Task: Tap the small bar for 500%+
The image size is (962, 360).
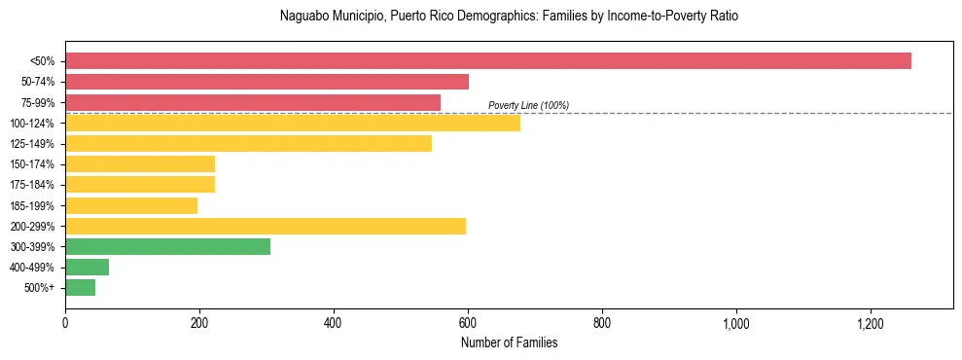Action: tap(80, 288)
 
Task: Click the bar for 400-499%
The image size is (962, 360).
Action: tap(87, 268)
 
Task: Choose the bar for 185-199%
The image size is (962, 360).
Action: tap(131, 205)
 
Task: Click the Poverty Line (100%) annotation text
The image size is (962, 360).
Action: tap(528, 105)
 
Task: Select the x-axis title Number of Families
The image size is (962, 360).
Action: tap(509, 342)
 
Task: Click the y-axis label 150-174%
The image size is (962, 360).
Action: tap(32, 164)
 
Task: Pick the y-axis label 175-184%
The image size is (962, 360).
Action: tap(32, 185)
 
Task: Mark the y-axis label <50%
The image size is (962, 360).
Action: tap(43, 61)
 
